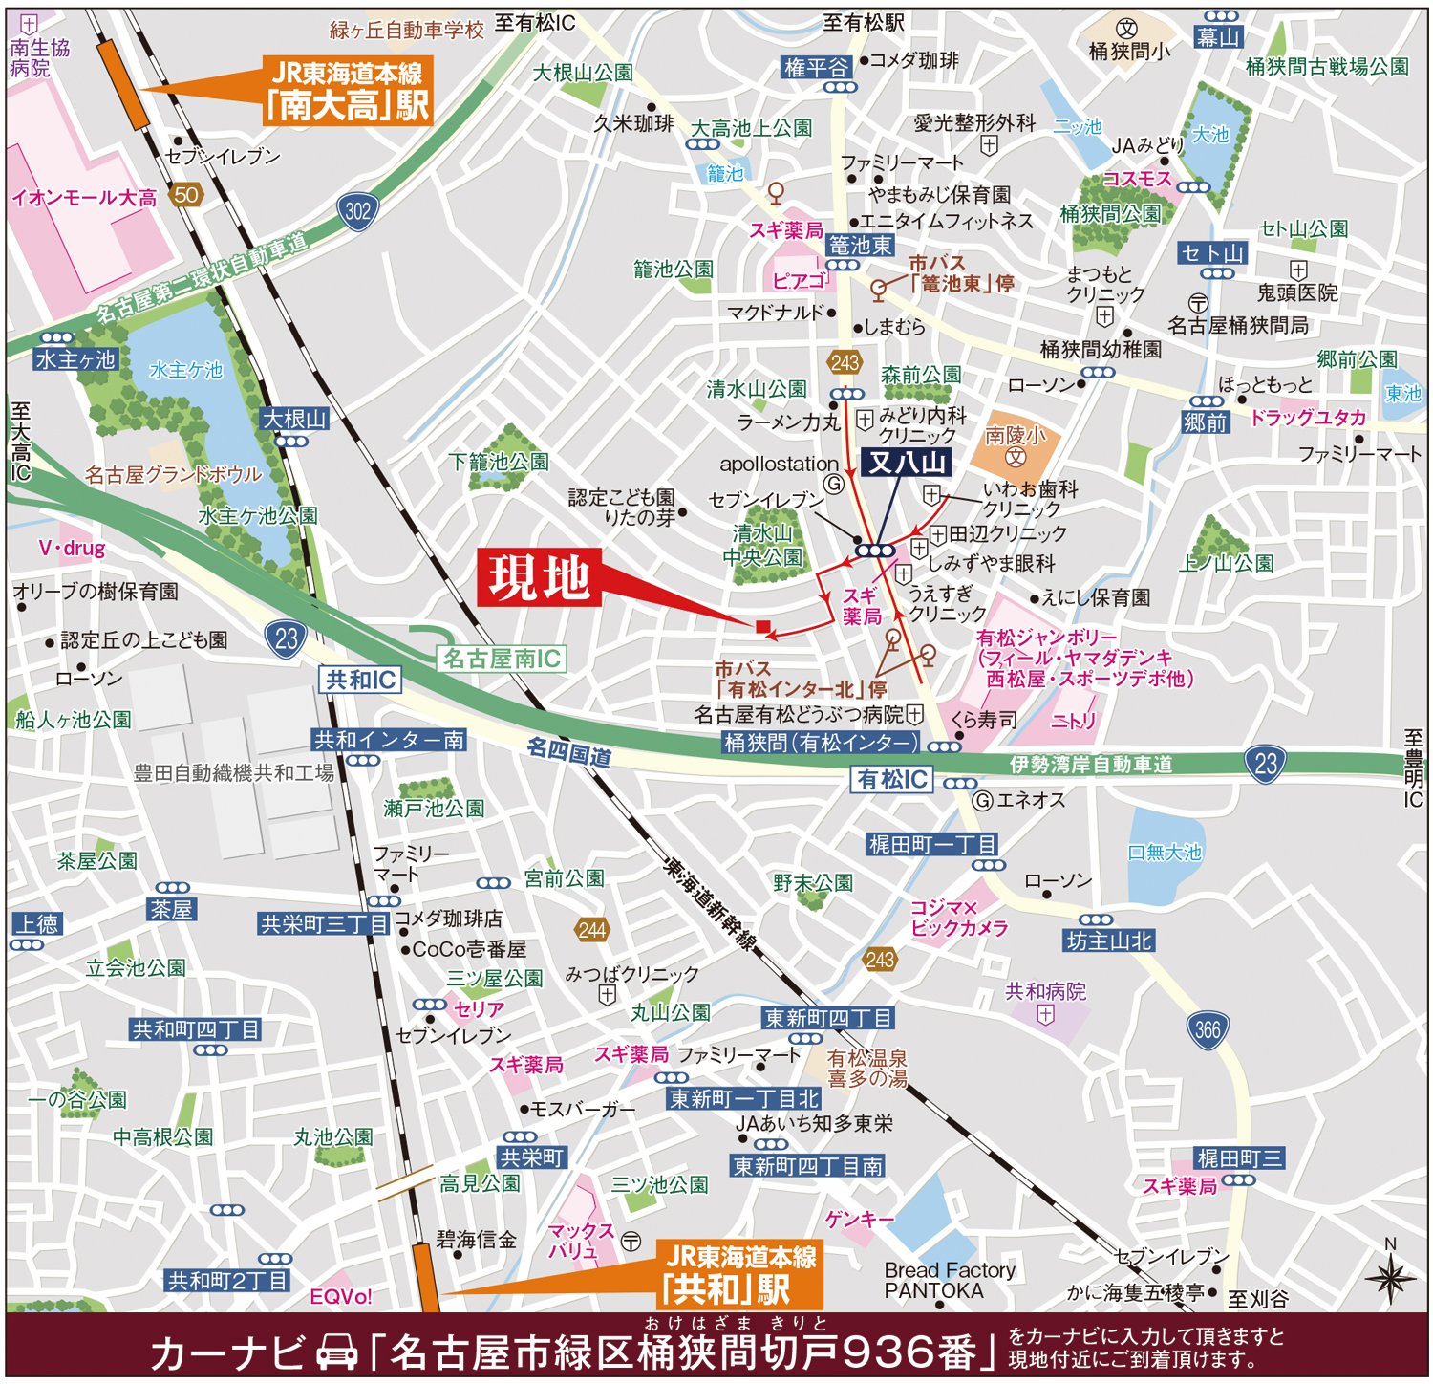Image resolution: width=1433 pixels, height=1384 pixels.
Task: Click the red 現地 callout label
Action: (539, 577)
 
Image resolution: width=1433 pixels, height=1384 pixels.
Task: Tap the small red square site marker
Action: (762, 627)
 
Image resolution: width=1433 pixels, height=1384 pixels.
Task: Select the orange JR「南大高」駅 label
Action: (348, 91)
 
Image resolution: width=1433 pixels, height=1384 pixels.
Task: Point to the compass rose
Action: (1390, 1277)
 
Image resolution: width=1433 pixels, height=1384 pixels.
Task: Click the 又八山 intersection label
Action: (907, 464)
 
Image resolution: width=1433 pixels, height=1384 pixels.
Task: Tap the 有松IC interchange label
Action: (891, 780)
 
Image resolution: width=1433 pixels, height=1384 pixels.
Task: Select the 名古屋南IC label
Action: (503, 659)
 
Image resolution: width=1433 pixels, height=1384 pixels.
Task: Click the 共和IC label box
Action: (360, 680)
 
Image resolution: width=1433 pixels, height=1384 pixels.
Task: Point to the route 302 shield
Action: (357, 210)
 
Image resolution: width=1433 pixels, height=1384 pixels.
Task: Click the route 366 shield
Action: (1208, 1030)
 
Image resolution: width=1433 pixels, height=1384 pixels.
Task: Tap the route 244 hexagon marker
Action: (591, 930)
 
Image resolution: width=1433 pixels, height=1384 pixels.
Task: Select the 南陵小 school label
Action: (1016, 436)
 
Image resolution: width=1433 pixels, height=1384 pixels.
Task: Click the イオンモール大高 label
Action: (84, 198)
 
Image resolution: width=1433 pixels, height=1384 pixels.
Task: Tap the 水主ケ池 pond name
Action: (185, 370)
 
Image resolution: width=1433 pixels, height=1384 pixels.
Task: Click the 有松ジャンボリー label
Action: (1046, 638)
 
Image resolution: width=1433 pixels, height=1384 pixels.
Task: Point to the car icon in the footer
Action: (336, 1352)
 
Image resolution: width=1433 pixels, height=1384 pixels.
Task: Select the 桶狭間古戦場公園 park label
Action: (1327, 66)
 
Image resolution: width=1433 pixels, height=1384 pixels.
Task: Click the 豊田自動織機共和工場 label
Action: (233, 773)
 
